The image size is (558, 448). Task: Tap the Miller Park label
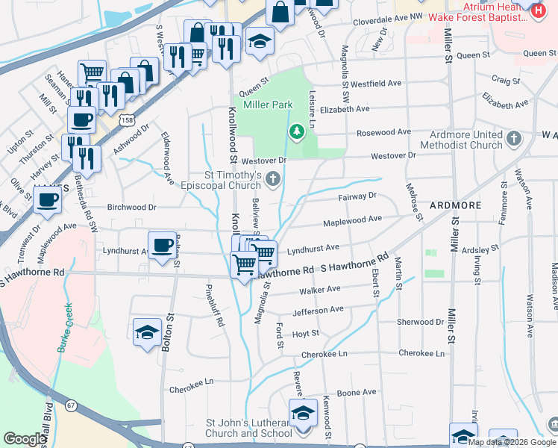(x=267, y=105)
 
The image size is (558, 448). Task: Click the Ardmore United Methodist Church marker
(x=513, y=138)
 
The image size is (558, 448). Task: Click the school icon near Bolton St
(x=147, y=332)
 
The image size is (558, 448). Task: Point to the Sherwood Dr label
(x=420, y=323)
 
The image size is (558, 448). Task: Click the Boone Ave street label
(x=357, y=392)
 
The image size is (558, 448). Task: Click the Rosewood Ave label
(x=384, y=132)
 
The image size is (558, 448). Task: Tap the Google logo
(x=25, y=440)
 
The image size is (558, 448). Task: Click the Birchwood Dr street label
(x=131, y=208)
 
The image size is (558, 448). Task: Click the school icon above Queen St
(x=260, y=41)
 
